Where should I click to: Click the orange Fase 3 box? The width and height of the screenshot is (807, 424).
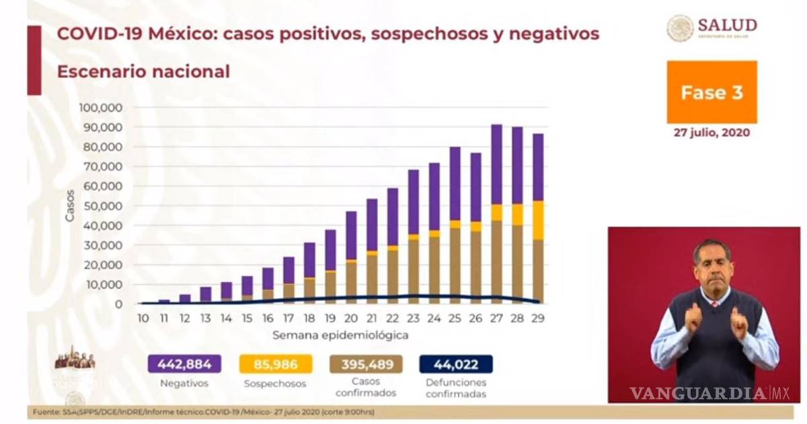pos(712,92)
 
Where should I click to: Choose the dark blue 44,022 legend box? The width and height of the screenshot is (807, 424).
pos(456,365)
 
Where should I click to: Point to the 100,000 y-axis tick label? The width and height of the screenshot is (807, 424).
pos(100,108)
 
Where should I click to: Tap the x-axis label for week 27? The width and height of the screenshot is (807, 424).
pos(496,318)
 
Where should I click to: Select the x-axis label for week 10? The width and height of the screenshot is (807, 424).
pos(143,318)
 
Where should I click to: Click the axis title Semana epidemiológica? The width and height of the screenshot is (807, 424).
pos(340,334)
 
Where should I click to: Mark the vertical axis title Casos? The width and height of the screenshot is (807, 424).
pos(70,207)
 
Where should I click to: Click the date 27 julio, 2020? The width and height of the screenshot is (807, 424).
pos(712,133)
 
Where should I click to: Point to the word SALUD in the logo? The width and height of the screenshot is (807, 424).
pos(727,25)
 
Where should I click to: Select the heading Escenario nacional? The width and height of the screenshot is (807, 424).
pos(143,71)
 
